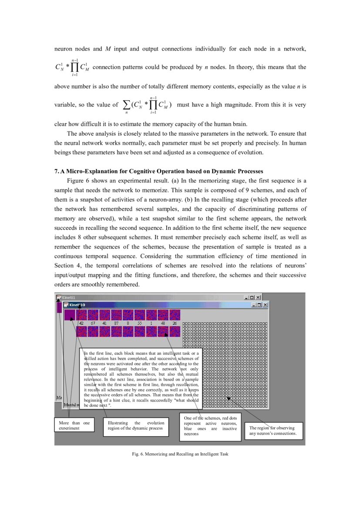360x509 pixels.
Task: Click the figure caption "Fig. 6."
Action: [138, 454]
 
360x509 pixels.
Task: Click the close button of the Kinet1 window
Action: [258, 297]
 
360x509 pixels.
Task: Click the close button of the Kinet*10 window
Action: [265, 305]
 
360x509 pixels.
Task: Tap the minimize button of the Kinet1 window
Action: [246, 297]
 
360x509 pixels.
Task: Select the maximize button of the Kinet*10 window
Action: [259, 305]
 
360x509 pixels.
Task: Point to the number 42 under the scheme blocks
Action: [81, 324]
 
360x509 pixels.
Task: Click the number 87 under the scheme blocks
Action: [116, 324]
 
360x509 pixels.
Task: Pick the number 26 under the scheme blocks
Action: [175, 324]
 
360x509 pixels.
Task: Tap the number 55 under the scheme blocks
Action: [140, 324]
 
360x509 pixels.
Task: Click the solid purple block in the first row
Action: [70, 315]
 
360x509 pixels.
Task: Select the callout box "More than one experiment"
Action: [74, 425]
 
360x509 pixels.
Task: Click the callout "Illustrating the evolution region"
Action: [136, 425]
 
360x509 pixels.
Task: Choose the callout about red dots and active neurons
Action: [210, 425]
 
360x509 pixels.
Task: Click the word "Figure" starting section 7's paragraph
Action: [75, 181]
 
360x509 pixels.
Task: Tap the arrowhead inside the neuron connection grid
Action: [229, 398]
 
